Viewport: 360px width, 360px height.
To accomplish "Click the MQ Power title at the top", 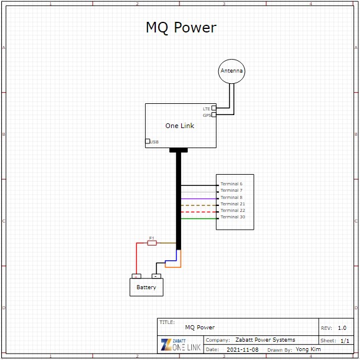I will pyautogui.click(x=181, y=28).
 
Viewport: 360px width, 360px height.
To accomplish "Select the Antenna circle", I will pyautogui.click(x=231, y=71).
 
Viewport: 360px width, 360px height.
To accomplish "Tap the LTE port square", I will pyautogui.click(x=214, y=109).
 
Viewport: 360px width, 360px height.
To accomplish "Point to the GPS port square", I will pyautogui.click(x=214, y=115).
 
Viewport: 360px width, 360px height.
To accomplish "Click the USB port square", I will pyautogui.click(x=148, y=141).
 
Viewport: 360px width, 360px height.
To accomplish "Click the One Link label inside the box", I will pyautogui.click(x=179, y=126).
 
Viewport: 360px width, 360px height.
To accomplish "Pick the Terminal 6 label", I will pyautogui.click(x=231, y=184).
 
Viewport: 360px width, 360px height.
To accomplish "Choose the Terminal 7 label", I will pyautogui.click(x=231, y=191).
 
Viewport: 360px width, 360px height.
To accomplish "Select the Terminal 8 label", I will pyautogui.click(x=231, y=197).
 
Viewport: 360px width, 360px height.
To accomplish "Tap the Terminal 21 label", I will pyautogui.click(x=233, y=204).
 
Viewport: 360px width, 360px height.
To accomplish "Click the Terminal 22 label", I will pyautogui.click(x=233, y=210).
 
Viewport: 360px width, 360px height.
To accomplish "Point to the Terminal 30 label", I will pyautogui.click(x=233, y=217).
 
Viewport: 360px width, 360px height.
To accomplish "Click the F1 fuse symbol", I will pyautogui.click(x=152, y=243).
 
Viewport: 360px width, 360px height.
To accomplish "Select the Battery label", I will pyautogui.click(x=146, y=287).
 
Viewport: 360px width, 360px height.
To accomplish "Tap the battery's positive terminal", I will pyautogui.click(x=136, y=276).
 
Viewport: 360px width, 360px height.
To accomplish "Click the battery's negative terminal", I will pyautogui.click(x=156, y=276).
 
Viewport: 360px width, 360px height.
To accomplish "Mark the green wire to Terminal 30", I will pyautogui.click(x=198, y=219).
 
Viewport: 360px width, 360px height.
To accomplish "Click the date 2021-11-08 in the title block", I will pyautogui.click(x=242, y=349).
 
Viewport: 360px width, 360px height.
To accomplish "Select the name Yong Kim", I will pyautogui.click(x=308, y=349).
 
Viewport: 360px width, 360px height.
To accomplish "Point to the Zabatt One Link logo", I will pyautogui.click(x=181, y=345).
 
